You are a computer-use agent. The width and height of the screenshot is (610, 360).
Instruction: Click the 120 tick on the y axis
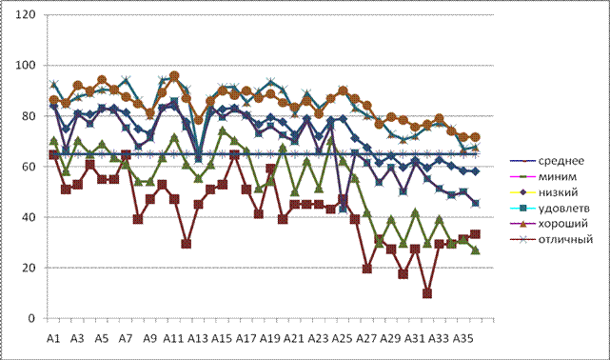tap(26, 15)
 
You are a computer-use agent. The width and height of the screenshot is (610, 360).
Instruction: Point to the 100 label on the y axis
tap(26, 66)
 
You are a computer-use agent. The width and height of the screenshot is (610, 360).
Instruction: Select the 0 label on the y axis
tap(32, 318)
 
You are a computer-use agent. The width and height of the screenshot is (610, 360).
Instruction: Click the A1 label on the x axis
tap(53, 339)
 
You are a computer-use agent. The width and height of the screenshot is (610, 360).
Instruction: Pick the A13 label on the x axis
tap(198, 339)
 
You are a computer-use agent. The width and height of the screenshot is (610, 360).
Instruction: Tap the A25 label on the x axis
tap(342, 339)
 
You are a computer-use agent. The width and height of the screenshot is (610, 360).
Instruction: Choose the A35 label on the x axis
tap(462, 339)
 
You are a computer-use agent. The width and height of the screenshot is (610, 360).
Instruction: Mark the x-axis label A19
tap(270, 339)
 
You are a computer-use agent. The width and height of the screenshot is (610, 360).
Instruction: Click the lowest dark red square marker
tap(427, 293)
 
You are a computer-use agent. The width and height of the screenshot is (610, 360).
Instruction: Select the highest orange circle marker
tap(174, 76)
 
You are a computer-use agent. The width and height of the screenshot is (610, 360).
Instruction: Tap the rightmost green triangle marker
tap(475, 250)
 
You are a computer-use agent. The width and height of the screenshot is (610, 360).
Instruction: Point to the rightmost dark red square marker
tap(475, 234)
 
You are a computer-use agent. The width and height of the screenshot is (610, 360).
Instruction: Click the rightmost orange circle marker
tap(475, 137)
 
